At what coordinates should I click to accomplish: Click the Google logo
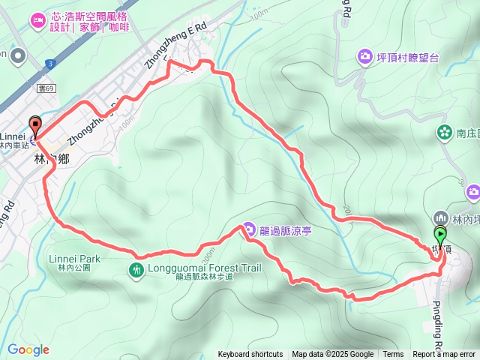click(28, 349)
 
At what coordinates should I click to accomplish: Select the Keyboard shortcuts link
click(250, 355)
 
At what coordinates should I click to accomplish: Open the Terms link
click(393, 355)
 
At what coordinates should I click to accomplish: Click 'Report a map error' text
click(445, 355)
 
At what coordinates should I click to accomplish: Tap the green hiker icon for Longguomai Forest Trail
click(136, 269)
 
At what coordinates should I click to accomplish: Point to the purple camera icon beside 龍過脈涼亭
click(249, 229)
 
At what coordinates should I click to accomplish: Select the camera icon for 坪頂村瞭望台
click(364, 55)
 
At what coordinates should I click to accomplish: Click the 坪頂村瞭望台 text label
click(408, 56)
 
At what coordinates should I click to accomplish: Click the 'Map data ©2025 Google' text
click(333, 355)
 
